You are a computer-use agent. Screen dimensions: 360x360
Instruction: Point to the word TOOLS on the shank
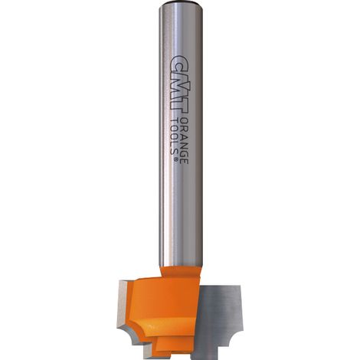174,136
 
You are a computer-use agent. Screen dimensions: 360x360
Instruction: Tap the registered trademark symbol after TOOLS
175,159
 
